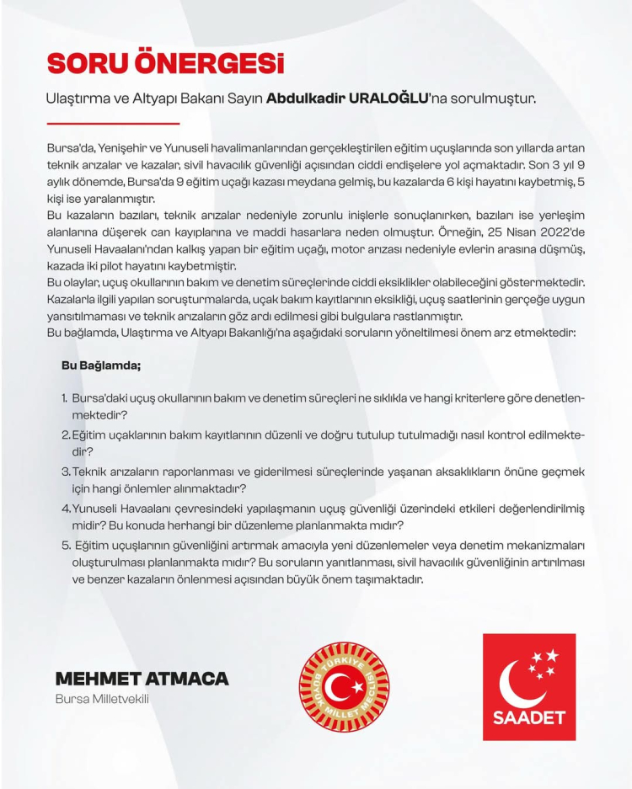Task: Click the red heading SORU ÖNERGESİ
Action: [x=165, y=63]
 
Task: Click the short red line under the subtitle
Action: [x=113, y=123]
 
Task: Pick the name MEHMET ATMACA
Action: [x=142, y=679]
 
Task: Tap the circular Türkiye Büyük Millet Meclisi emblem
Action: [x=345, y=686]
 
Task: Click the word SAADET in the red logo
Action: [x=528, y=717]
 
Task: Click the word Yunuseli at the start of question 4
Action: [x=94, y=509]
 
